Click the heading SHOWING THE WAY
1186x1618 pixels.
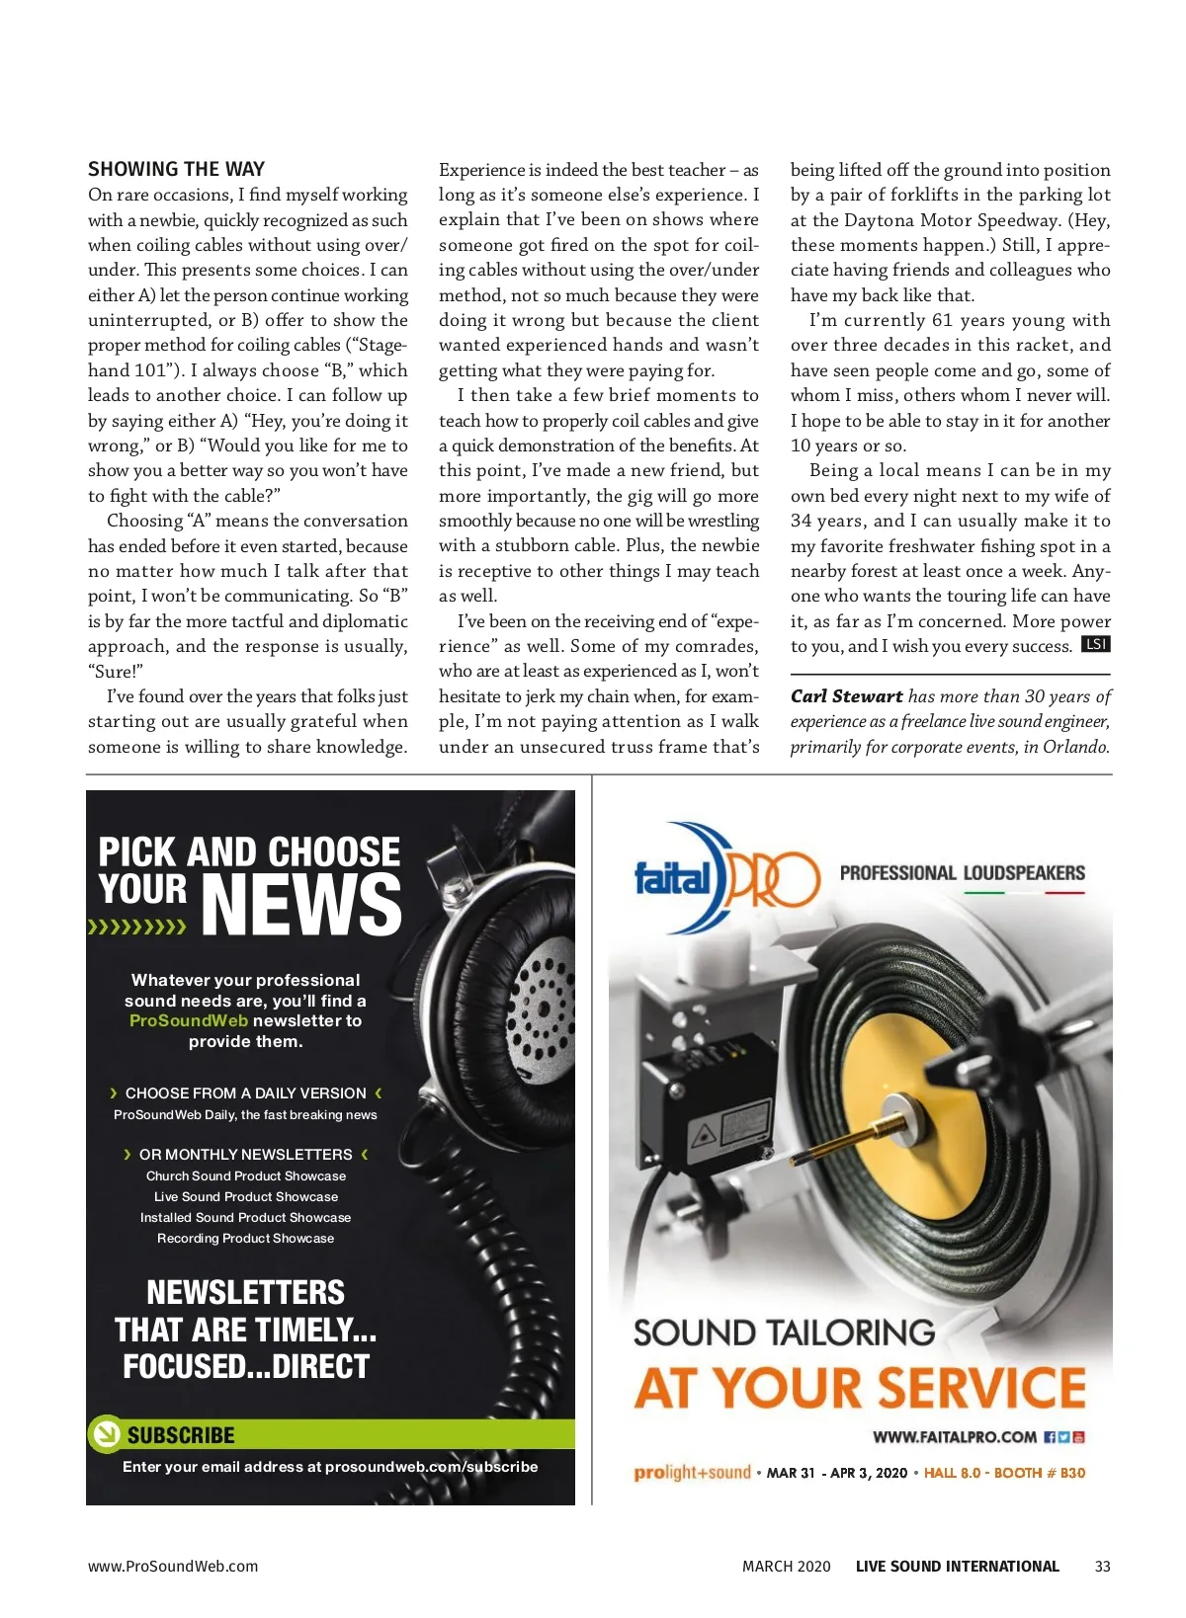coord(176,169)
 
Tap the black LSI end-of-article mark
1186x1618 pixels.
coord(1096,645)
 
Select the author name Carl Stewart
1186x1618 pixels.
coord(846,696)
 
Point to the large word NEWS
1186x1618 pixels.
coord(301,904)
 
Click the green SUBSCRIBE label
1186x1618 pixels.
coord(181,1435)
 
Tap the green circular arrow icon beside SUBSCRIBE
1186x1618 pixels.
coord(104,1434)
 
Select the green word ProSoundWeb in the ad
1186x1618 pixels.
coord(188,1020)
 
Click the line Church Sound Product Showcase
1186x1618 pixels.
coord(246,1175)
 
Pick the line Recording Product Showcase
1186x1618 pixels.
coord(246,1238)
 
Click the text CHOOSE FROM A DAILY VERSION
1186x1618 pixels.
coord(246,1093)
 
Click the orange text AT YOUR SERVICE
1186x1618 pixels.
coord(860,1387)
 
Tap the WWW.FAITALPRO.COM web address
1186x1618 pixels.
coord(954,1437)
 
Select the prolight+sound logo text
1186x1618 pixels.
coord(692,1473)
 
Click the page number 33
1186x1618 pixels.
coord(1103,1566)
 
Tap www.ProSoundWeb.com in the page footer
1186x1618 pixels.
coord(173,1566)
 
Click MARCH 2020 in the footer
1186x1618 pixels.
coord(787,1566)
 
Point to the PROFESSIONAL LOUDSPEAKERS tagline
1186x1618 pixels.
coord(962,873)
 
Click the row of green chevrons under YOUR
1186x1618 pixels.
coord(137,928)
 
